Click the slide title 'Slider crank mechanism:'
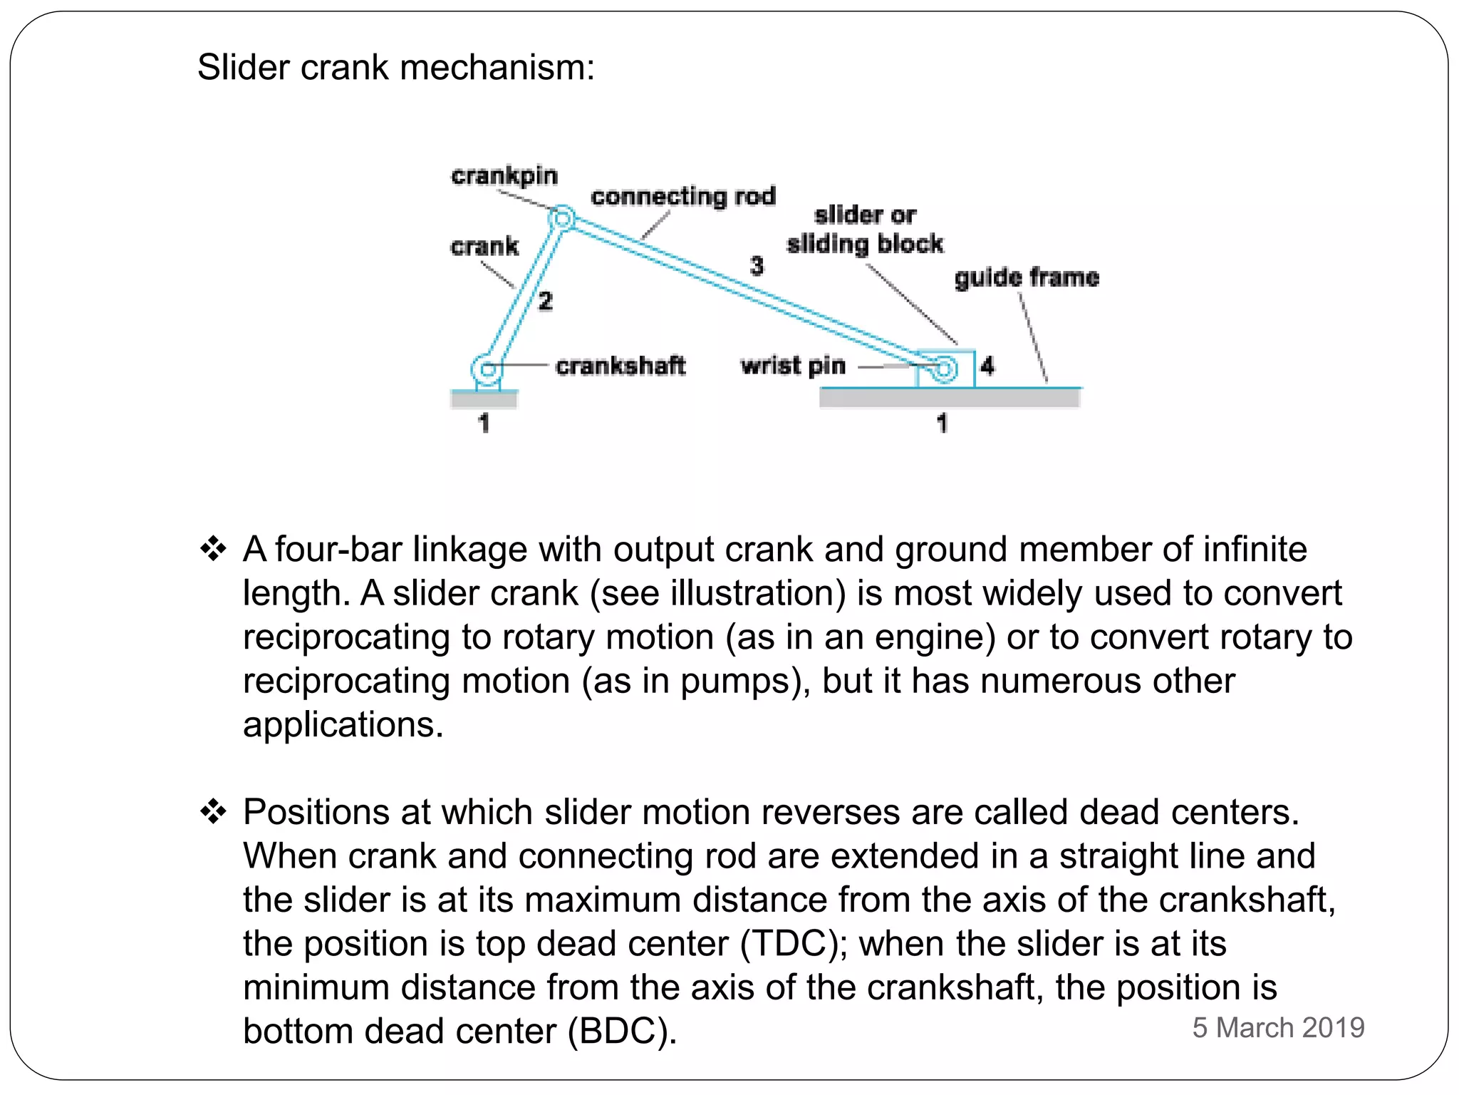click(x=395, y=68)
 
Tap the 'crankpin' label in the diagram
click(x=504, y=175)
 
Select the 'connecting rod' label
click(x=682, y=196)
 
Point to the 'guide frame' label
click(x=1026, y=277)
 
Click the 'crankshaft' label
click(x=620, y=366)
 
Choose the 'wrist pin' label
click(x=793, y=366)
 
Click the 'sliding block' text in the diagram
click(x=864, y=244)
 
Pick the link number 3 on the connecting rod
click(x=757, y=266)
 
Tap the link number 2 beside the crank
click(x=545, y=301)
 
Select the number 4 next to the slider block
click(x=987, y=366)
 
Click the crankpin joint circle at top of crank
click(x=562, y=217)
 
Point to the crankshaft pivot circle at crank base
click(x=487, y=369)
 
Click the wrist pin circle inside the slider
click(x=945, y=369)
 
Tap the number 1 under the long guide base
click(x=942, y=423)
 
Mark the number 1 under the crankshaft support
click(x=484, y=423)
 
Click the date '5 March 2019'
click(x=1278, y=1027)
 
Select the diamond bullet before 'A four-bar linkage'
click(x=213, y=549)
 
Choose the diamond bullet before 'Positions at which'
click(x=213, y=811)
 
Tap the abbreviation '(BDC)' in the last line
click(x=622, y=1032)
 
